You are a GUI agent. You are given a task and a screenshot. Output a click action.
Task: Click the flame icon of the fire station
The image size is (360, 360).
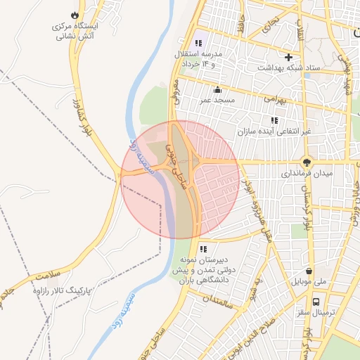click(75, 14)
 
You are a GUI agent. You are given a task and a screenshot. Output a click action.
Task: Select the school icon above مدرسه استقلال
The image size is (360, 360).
click(199, 44)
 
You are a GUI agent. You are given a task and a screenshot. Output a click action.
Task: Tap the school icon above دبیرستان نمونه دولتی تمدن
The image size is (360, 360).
click(203, 248)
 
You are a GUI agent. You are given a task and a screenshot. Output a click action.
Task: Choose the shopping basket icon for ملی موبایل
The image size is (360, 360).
click(309, 271)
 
